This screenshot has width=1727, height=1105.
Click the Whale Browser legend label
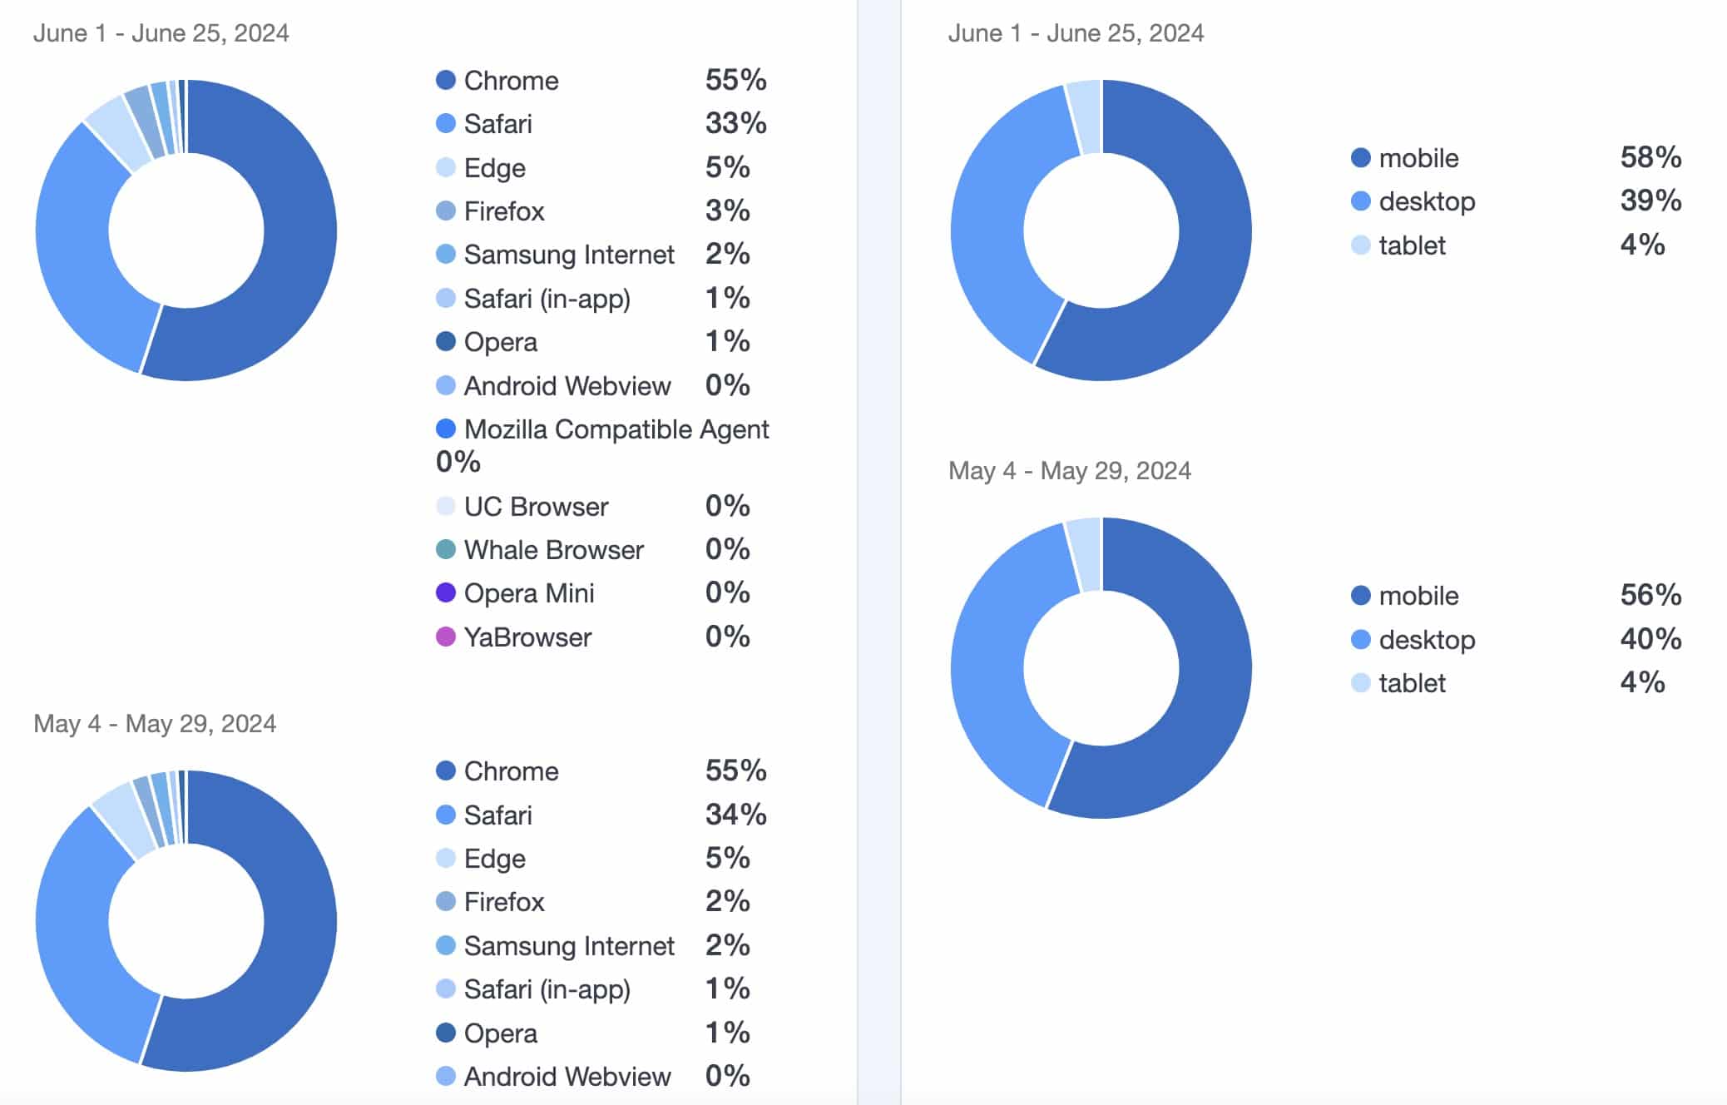553,550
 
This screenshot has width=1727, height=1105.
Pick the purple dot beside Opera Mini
446,593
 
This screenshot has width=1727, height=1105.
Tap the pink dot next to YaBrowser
446,637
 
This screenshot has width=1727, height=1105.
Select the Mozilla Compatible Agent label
616,429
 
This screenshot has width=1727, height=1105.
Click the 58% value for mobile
1650,157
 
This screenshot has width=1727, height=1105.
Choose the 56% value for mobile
1650,595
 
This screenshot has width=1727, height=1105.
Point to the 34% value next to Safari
735,815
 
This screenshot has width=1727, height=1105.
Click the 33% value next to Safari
735,124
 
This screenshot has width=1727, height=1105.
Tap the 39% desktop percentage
1650,201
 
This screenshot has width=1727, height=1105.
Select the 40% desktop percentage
1650,639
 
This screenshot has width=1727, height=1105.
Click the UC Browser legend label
536,507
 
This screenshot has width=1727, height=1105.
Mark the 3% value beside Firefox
727,211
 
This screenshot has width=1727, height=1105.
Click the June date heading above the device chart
1076,33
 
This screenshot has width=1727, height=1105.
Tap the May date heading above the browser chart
155,724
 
